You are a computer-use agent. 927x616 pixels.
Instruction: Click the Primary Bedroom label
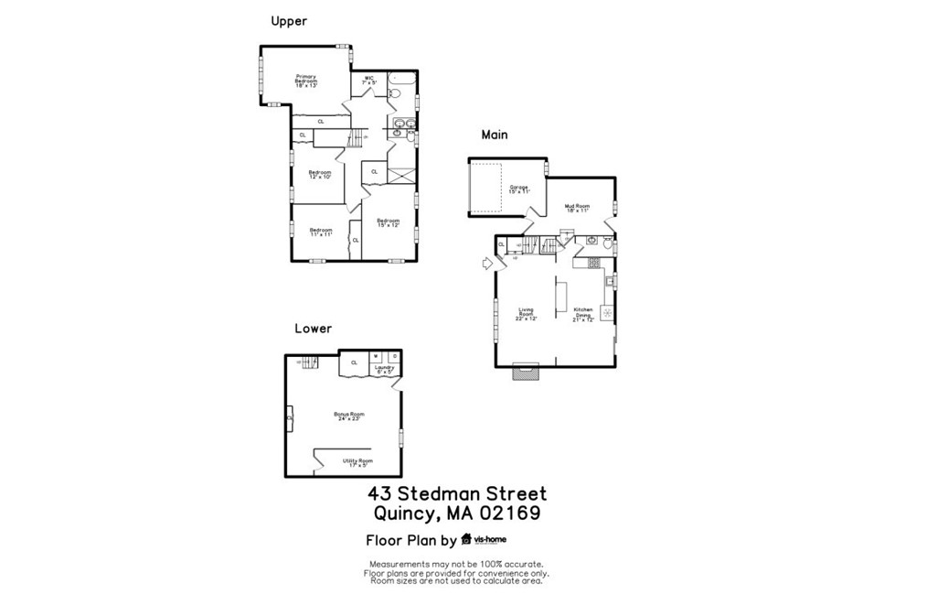click(305, 81)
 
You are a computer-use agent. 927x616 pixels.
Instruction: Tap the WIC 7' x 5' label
click(368, 80)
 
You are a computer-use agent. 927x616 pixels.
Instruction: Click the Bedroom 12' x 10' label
click(319, 174)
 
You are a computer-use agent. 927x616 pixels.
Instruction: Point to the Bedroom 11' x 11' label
click(320, 232)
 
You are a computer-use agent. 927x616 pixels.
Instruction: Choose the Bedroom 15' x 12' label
click(389, 222)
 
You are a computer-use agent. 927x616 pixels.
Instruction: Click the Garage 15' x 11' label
click(519, 189)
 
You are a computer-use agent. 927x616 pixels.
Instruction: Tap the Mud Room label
click(576, 208)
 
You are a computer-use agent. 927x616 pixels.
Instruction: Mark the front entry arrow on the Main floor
click(487, 264)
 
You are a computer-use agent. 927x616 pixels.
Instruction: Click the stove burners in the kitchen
click(593, 263)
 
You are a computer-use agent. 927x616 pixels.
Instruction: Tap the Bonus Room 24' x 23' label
click(348, 416)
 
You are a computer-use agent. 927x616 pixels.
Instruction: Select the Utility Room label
click(357, 462)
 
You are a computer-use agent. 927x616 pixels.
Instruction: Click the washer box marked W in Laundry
click(376, 356)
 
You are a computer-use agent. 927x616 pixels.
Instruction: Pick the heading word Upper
click(289, 21)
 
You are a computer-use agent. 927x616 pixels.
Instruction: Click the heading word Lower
click(313, 328)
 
